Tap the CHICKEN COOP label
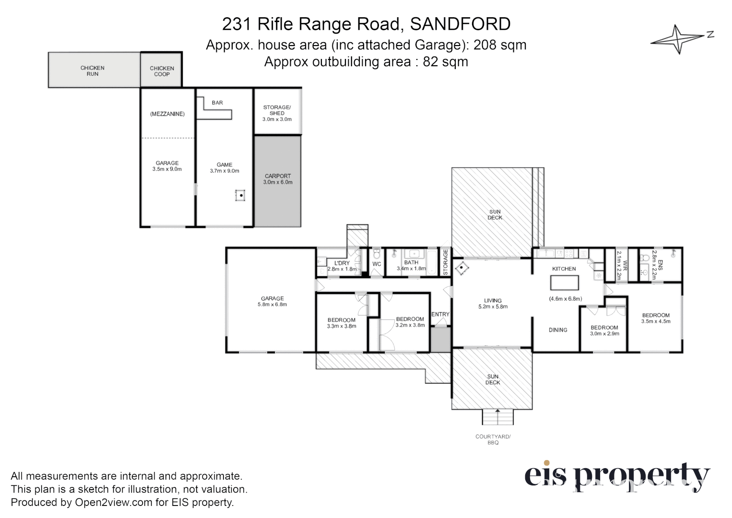coord(162,71)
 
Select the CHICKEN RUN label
coord(93,71)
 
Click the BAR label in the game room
coord(217,103)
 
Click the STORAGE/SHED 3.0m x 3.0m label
coord(277,113)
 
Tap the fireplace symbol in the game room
coord(240,196)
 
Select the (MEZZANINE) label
coord(167,114)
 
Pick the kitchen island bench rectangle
coord(564,283)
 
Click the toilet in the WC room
coord(377,253)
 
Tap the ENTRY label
coord(440,315)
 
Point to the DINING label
coord(558,330)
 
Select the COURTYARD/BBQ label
coord(493,439)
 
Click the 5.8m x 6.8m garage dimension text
coord(272,305)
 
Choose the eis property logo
coord(617,476)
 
